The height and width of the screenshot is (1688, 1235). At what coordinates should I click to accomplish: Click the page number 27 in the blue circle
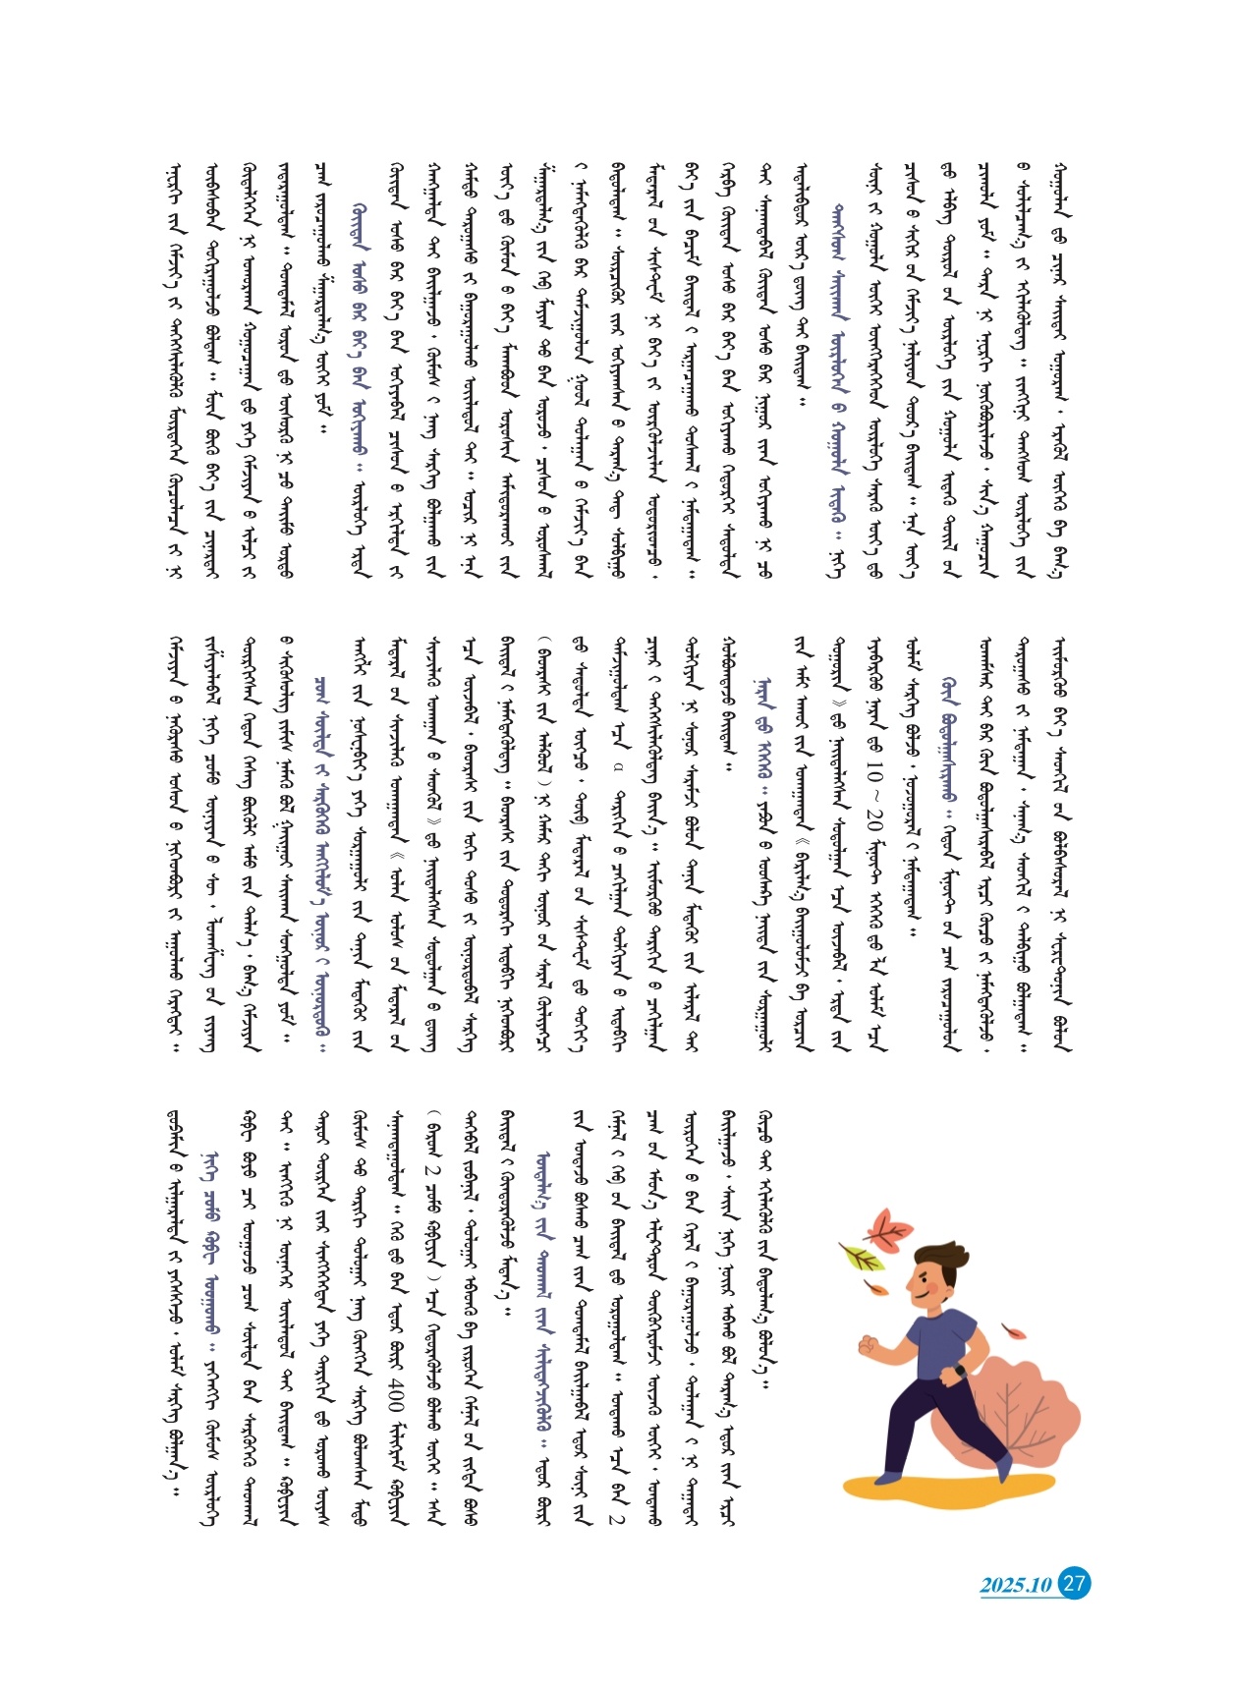1075,1583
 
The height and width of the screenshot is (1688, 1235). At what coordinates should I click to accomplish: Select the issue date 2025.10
1016,1585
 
